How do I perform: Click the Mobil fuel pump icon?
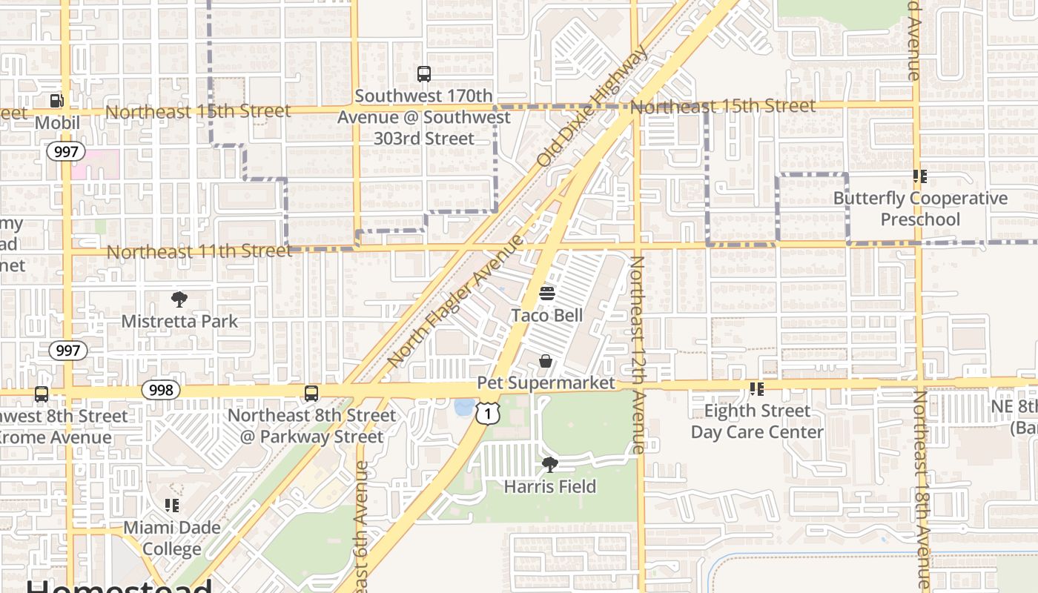pos(56,101)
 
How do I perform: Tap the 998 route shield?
pos(161,390)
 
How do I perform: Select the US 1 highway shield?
pos(487,413)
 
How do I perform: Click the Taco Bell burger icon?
pos(547,294)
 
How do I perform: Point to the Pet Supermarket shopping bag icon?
pos(546,361)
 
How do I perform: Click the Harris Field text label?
pos(549,487)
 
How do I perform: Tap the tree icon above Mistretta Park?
pos(179,299)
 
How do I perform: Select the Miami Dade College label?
pos(172,538)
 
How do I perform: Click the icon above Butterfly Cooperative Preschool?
pos(920,176)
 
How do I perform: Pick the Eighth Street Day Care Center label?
pos(757,421)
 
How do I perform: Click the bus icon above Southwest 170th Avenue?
pos(423,74)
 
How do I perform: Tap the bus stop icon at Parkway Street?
pos(311,394)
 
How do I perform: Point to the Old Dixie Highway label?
pos(591,107)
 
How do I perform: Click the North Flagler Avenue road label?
pos(454,301)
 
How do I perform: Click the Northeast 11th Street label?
pos(199,252)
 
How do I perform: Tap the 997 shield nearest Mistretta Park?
pos(67,351)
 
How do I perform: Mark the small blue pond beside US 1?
pos(464,407)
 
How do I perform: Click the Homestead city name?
pos(119,586)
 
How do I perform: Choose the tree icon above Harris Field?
pos(549,465)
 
